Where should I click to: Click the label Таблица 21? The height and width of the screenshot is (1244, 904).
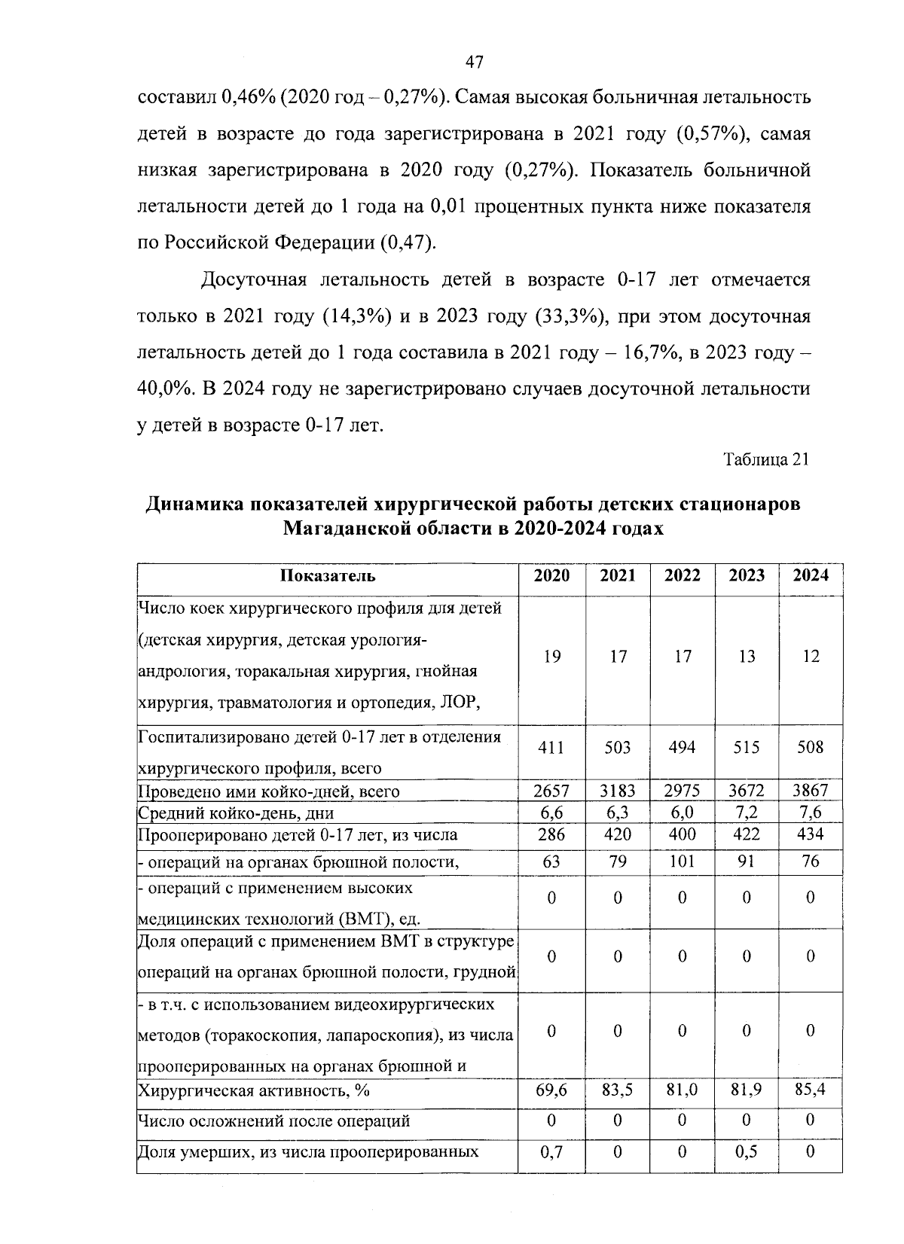(766, 459)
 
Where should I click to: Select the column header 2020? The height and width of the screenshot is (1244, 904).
(551, 575)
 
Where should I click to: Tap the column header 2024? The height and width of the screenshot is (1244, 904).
(811, 575)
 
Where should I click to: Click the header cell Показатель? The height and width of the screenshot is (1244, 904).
(327, 576)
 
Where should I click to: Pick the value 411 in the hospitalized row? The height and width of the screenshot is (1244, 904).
(551, 748)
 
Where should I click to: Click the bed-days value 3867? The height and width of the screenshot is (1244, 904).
(811, 791)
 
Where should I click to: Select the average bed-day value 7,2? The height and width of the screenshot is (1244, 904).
(747, 813)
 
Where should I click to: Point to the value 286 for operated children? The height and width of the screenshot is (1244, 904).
(551, 834)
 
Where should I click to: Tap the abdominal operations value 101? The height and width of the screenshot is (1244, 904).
(682, 861)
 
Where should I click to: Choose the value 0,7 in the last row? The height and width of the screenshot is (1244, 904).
(551, 1151)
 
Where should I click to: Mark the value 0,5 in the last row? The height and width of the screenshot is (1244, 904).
(747, 1151)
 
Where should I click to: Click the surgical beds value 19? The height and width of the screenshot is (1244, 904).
(551, 657)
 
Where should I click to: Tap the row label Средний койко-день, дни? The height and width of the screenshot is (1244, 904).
(236, 813)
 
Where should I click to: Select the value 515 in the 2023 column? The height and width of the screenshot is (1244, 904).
(747, 748)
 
